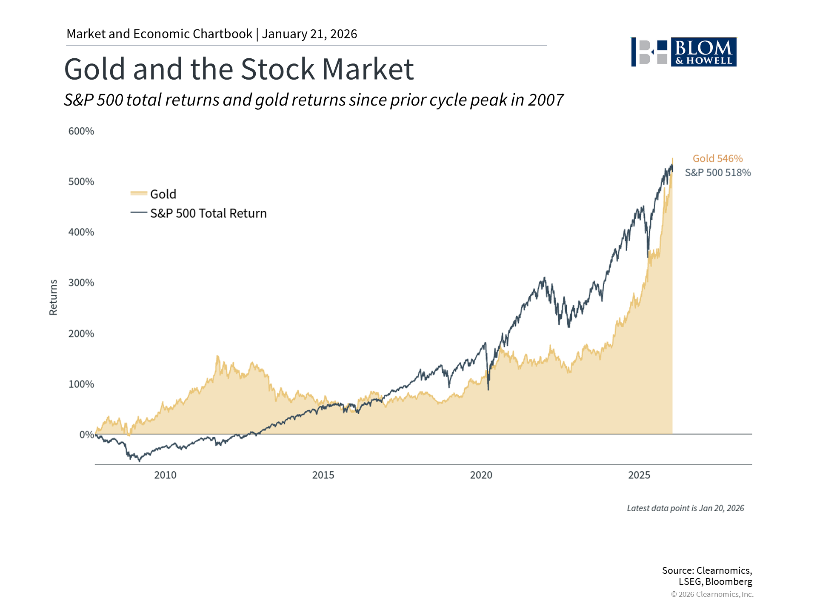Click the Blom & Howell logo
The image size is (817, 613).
(x=684, y=52)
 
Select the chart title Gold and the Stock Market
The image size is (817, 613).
(x=239, y=69)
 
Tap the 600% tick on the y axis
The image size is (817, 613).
(x=81, y=131)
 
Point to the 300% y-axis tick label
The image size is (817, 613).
(x=81, y=283)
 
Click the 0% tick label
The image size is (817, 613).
(x=86, y=435)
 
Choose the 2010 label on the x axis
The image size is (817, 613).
(x=165, y=475)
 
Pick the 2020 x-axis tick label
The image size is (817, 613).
(x=481, y=475)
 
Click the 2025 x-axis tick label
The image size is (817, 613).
(x=639, y=475)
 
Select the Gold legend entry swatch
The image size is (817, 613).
(x=139, y=194)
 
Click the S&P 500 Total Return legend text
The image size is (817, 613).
(x=209, y=213)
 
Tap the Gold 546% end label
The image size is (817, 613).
(x=717, y=159)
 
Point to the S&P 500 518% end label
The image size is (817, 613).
(x=717, y=173)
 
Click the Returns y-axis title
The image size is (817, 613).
(x=53, y=297)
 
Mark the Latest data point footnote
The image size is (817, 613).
(x=685, y=508)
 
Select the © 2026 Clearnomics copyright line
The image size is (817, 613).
(x=712, y=594)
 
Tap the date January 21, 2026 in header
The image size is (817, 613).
(x=309, y=34)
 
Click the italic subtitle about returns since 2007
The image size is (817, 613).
(x=314, y=100)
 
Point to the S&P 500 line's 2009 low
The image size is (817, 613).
(x=139, y=461)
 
